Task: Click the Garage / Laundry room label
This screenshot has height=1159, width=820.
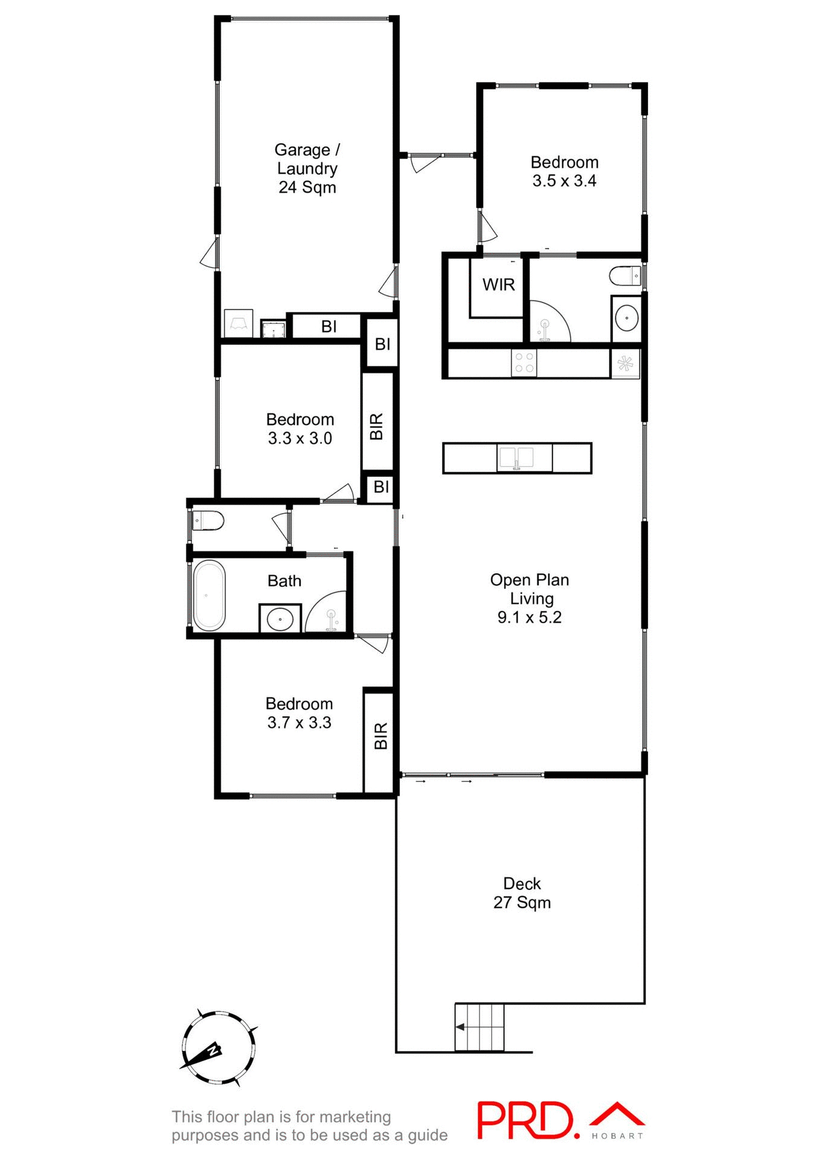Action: tap(307, 168)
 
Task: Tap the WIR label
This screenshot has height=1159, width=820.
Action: tap(498, 284)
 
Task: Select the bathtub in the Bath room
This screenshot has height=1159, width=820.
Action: tap(209, 595)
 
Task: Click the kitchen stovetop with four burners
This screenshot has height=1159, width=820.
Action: tap(524, 363)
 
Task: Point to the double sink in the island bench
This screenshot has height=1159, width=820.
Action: tap(516, 458)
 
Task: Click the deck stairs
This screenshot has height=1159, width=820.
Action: tap(479, 1027)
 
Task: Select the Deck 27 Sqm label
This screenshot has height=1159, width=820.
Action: tap(522, 893)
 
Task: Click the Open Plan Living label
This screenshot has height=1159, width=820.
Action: tap(530, 598)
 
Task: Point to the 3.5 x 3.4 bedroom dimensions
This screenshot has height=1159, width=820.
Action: tap(564, 181)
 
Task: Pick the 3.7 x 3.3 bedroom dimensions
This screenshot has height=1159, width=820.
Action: tap(299, 723)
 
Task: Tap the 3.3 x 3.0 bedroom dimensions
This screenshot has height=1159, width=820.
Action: tap(299, 438)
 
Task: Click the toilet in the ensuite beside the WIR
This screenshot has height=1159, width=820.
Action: tap(625, 276)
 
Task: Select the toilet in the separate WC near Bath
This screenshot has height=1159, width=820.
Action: tap(208, 520)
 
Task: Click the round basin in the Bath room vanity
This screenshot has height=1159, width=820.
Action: tap(280, 619)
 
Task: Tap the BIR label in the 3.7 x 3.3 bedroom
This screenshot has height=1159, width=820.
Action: tap(380, 736)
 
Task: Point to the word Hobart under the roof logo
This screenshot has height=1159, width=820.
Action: tap(617, 1136)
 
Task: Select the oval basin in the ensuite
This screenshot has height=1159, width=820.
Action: tap(626, 318)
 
